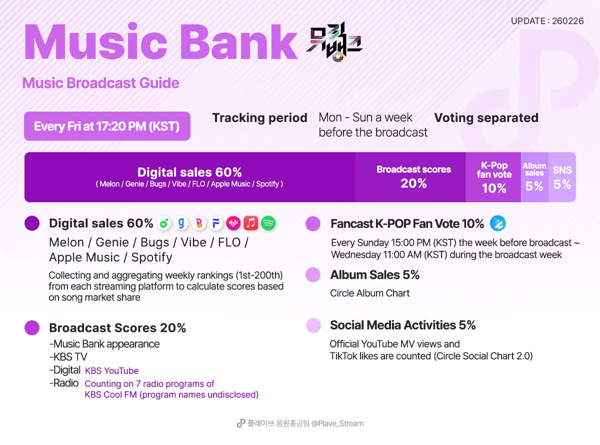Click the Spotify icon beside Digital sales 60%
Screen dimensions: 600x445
coord(268,223)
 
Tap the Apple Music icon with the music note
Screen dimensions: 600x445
coord(251,223)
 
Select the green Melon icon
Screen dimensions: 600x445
coord(164,223)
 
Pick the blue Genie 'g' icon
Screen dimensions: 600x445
coord(181,223)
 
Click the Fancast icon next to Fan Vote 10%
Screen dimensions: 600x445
coord(497,223)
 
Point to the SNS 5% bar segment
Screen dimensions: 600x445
coord(562,177)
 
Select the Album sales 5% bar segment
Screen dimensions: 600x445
coord(534,177)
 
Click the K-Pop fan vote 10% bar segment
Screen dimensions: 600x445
coord(493,177)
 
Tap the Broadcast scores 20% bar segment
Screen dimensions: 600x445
coord(410,177)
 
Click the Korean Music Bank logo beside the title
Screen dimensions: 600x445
coord(334,42)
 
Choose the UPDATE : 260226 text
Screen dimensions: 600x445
coord(547,21)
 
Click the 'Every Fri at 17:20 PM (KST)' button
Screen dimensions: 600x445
coord(107,126)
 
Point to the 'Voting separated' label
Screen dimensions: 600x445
coord(486,118)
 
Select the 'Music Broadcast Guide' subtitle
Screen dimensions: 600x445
coord(100,83)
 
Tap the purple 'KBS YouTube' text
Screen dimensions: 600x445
coord(111,370)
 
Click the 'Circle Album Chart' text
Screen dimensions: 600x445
coord(370,293)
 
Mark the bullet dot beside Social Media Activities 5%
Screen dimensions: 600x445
coord(313,325)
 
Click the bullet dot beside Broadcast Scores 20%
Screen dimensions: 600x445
coord(32,328)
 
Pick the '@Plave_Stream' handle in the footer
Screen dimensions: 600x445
coord(337,423)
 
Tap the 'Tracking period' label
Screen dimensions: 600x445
coord(259,118)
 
